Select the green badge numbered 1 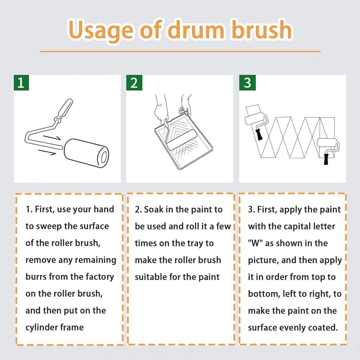21,82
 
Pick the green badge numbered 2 134,82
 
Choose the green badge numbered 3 247,82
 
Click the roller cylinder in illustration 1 86,153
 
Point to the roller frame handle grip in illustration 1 64,109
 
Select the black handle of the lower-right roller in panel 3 326,159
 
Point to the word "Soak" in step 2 154,210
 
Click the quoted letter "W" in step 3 255,243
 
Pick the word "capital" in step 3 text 297,227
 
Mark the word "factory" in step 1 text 100,277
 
